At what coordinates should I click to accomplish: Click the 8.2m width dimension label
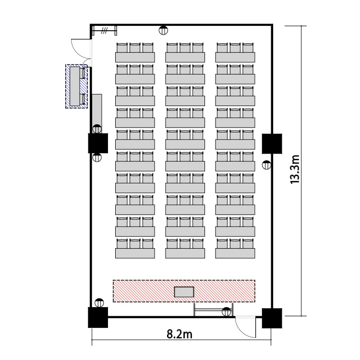pyautogui.click(x=180, y=335)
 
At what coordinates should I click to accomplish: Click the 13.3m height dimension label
pyautogui.click(x=295, y=169)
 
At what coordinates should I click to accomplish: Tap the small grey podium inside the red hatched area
pyautogui.click(x=184, y=292)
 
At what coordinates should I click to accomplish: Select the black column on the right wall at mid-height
pyautogui.click(x=272, y=144)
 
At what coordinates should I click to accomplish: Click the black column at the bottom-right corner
pyautogui.click(x=272, y=318)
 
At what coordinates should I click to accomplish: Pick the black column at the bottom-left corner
pyautogui.click(x=98, y=318)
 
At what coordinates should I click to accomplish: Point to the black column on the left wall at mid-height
pyautogui.click(x=98, y=143)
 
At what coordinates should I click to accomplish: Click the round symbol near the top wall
pyautogui.click(x=163, y=30)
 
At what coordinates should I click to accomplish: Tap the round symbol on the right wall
pyautogui.click(x=266, y=165)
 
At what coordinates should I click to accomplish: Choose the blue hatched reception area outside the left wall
pyautogui.click(x=77, y=86)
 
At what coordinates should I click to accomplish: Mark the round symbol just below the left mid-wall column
pyautogui.click(x=97, y=157)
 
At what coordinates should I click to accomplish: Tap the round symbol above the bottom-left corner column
pyautogui.click(x=99, y=303)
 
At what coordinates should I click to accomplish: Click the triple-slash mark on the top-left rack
pyautogui.click(x=105, y=31)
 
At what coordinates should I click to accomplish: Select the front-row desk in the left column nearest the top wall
pyautogui.click(x=135, y=58)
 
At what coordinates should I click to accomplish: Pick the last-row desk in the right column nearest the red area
pyautogui.click(x=235, y=253)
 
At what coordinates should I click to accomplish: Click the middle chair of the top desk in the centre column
pyautogui.click(x=185, y=48)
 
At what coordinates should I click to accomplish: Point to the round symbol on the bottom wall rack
pyautogui.click(x=227, y=312)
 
